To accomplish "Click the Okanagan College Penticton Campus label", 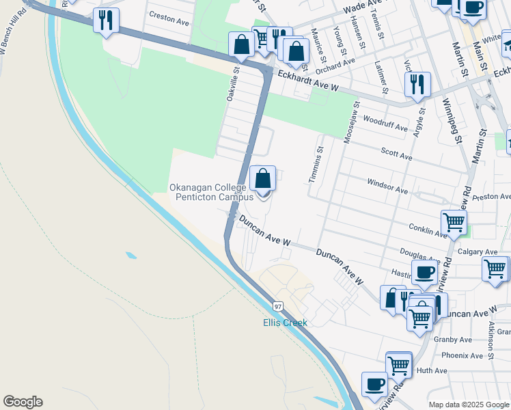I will (x=211, y=192).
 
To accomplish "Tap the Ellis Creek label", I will (x=286, y=323).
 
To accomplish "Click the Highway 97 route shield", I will (x=278, y=305).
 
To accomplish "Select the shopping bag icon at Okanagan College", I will (x=263, y=180).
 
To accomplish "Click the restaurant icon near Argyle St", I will (x=417, y=85).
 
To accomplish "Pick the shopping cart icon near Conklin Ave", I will (x=454, y=222).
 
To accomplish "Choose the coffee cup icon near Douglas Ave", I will (x=424, y=273).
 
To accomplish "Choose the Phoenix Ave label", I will (x=462, y=355).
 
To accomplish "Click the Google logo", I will (x=23, y=402).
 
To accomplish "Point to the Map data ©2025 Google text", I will (x=468, y=405).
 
